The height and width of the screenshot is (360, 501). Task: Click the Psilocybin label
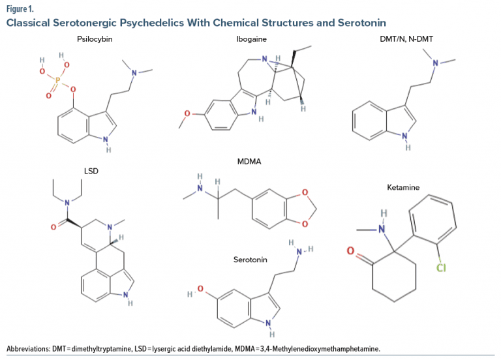click(95, 39)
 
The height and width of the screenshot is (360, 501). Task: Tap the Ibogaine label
click(251, 39)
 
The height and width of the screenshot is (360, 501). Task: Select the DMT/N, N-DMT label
click(406, 39)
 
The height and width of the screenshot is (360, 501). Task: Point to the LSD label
click(91, 172)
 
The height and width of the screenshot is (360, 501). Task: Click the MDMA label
click(249, 162)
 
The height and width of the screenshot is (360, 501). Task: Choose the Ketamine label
click(403, 188)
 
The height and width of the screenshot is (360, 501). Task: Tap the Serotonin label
click(250, 260)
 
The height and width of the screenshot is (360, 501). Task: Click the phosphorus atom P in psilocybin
click(57, 80)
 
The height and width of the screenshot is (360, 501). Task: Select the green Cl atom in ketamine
click(441, 267)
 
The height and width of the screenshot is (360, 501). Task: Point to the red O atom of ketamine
click(350, 250)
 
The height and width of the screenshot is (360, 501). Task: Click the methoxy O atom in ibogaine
click(187, 113)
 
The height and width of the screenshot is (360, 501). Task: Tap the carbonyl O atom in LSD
click(53, 227)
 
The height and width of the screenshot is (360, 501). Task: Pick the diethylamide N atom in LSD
click(67, 203)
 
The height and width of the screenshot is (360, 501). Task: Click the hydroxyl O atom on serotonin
click(200, 289)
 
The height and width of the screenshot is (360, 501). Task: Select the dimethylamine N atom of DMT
click(435, 63)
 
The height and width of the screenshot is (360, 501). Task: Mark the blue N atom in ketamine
click(382, 229)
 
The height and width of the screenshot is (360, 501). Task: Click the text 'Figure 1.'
click(20, 9)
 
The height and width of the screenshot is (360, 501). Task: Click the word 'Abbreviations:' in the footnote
click(29, 348)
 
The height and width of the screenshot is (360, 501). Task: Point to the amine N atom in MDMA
click(200, 188)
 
